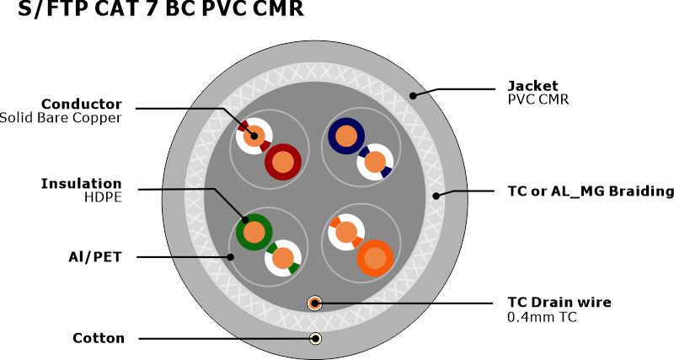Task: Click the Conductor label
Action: [83, 104]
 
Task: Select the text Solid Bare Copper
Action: [61, 118]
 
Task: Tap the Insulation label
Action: [81, 183]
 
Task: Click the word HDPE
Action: [103, 197]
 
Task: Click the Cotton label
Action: [99, 338]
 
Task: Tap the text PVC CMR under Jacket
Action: [538, 99]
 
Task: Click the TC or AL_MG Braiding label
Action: [591, 191]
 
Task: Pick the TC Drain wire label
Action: [559, 302]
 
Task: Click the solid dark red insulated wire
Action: [284, 161]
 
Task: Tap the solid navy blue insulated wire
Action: [345, 135]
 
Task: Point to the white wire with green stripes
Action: [283, 258]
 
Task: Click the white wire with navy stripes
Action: [375, 161]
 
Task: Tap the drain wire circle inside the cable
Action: [315, 302]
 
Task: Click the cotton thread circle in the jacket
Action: [315, 338]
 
